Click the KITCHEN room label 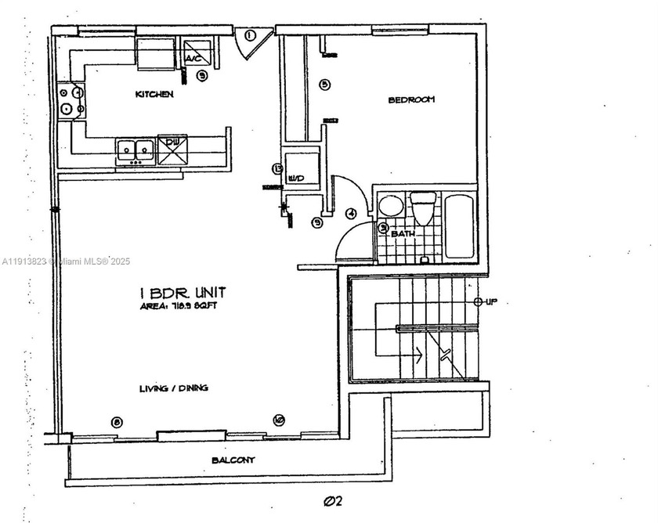(x=154, y=94)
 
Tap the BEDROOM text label (x=411, y=100)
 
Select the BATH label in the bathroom (x=403, y=233)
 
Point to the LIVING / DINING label (x=174, y=388)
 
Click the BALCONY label (x=233, y=460)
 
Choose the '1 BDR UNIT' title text (x=183, y=292)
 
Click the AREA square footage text (x=182, y=306)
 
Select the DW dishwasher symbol (x=172, y=149)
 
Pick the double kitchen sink (x=135, y=149)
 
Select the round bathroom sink (x=390, y=207)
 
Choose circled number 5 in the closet (x=324, y=85)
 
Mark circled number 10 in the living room (x=279, y=420)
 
